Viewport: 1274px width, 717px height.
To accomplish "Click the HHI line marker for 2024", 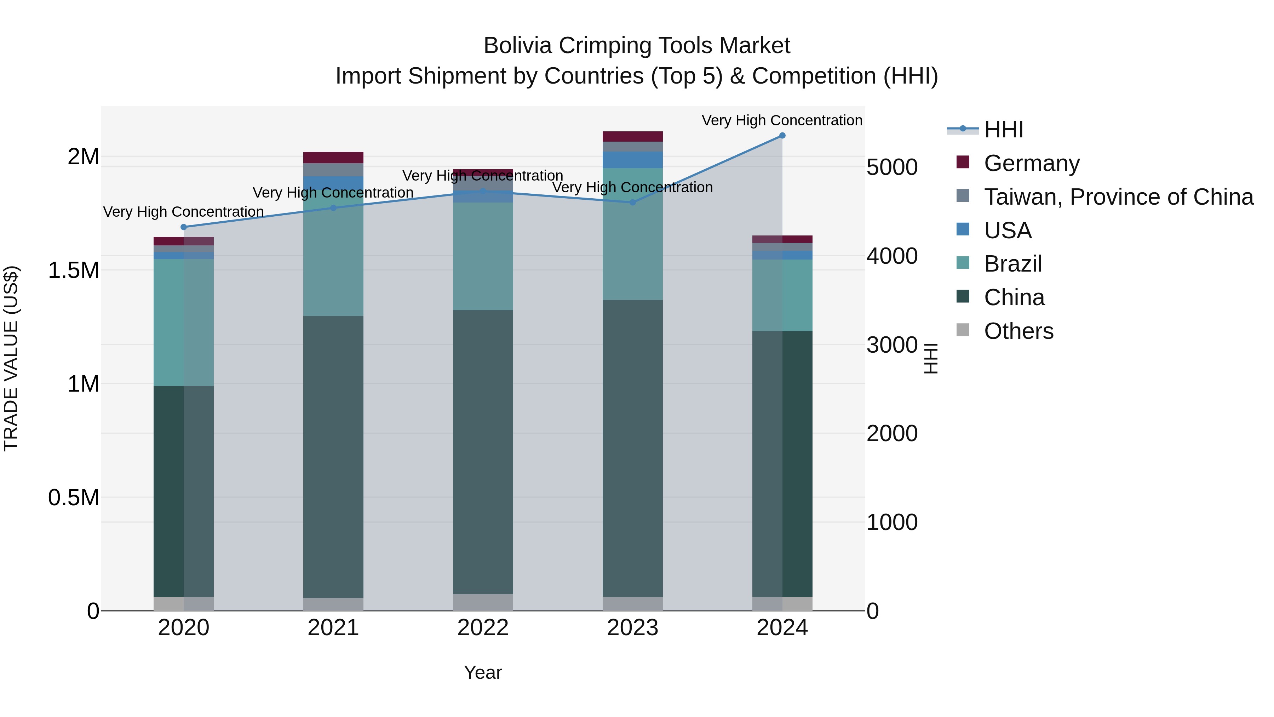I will tap(782, 136).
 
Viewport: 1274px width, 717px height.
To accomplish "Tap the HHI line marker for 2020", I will tap(183, 227).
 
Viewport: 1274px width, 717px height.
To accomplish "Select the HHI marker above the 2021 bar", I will tap(333, 208).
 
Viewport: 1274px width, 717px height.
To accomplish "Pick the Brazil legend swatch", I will tap(963, 263).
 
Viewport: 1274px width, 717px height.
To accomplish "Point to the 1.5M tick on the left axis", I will tap(73, 270).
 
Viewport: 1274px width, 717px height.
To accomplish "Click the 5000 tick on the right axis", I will tap(892, 167).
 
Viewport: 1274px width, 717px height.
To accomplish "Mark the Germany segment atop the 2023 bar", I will tap(632, 137).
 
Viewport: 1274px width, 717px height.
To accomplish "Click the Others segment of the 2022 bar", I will tap(483, 602).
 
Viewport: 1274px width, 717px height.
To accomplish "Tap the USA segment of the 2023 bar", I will tap(632, 160).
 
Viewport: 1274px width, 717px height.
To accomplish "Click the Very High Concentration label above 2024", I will tap(781, 120).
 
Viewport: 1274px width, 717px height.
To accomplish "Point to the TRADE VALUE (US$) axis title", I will tap(11, 358).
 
